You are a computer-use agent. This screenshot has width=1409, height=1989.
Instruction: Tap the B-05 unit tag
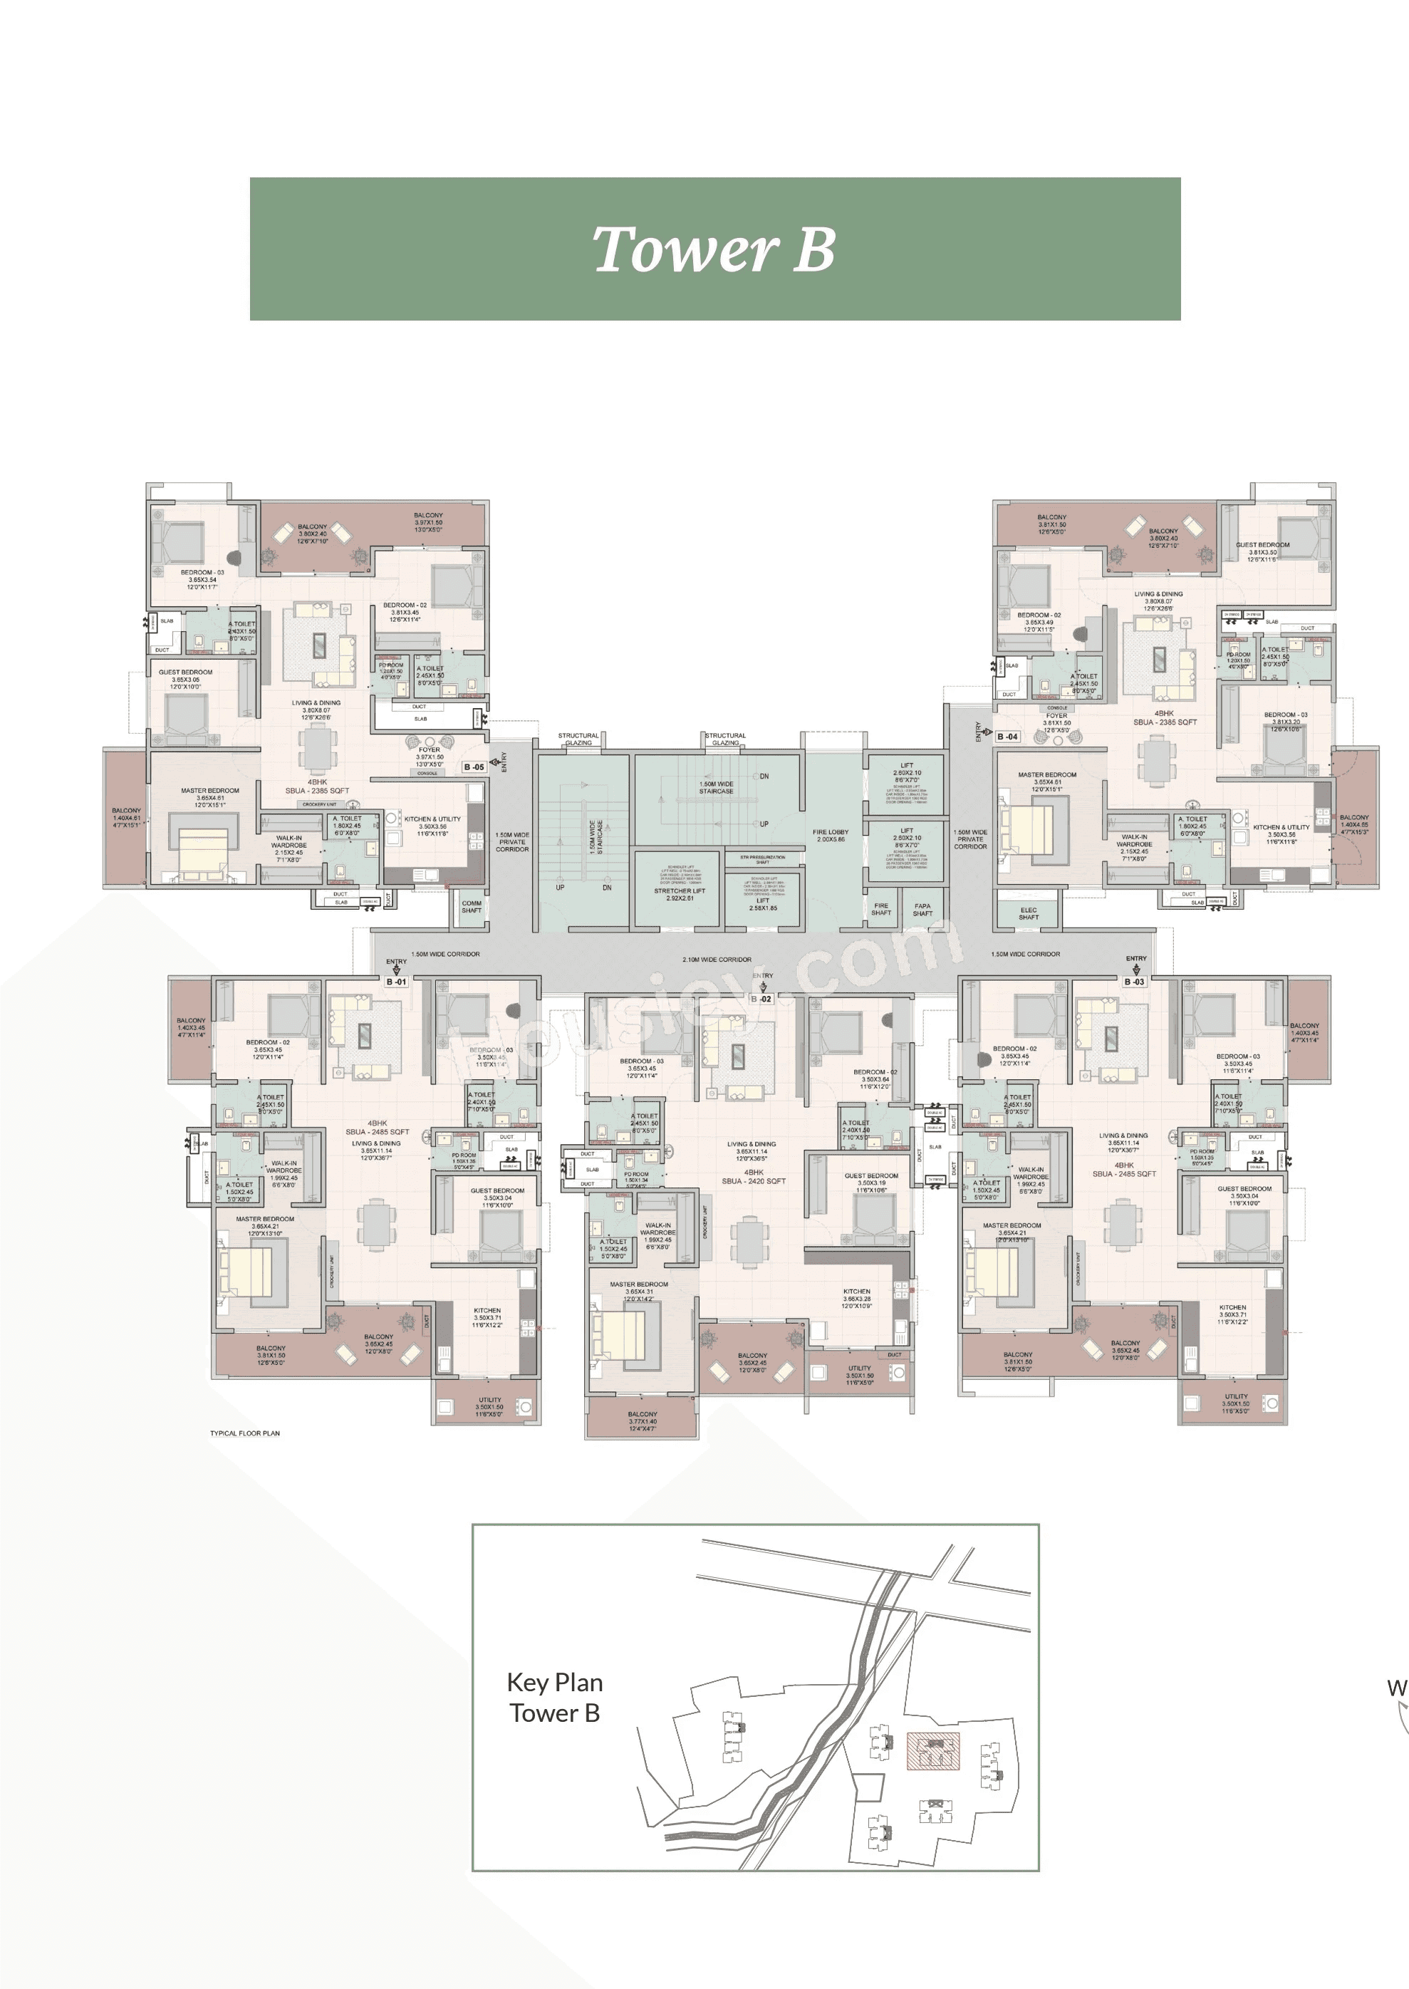pos(474,767)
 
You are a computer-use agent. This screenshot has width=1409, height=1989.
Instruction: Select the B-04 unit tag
pos(1007,737)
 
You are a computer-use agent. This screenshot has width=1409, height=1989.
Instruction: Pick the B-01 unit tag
pos(397,982)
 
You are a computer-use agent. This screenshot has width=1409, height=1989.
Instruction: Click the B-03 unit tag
pos(1134,982)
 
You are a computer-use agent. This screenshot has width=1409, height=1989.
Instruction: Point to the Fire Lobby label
pos(831,836)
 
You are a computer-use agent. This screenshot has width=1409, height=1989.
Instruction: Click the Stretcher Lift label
pos(680,894)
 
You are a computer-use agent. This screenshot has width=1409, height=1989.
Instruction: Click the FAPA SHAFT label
pos(922,909)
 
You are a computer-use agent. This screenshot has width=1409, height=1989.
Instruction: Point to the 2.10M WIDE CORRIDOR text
pos(717,960)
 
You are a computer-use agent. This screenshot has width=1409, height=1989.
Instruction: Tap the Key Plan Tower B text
pos(554,1698)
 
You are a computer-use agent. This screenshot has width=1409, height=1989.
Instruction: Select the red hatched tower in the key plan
pos(932,1750)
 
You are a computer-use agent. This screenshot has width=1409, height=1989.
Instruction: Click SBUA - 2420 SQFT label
pos(754,1180)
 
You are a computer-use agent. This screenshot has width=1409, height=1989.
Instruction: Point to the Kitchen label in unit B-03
pos(1232,1307)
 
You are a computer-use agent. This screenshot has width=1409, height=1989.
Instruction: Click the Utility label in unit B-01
pos(489,1400)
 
